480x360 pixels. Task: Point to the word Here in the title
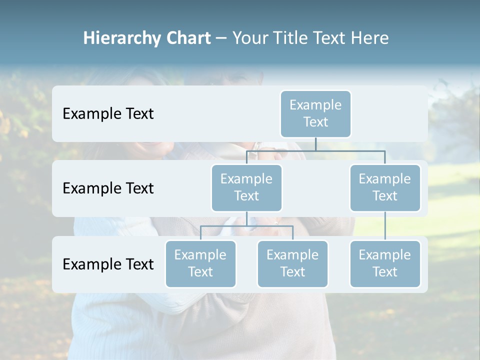click(370, 38)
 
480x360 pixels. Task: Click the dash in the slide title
click(221, 38)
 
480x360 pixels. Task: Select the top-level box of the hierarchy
click(315, 113)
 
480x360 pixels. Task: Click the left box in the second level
click(246, 187)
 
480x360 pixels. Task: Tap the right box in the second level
click(385, 187)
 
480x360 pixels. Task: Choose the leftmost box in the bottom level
click(200, 263)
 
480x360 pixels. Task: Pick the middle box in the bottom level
click(292, 263)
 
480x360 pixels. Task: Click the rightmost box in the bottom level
click(385, 263)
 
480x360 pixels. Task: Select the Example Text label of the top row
click(108, 113)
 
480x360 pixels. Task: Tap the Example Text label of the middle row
click(108, 188)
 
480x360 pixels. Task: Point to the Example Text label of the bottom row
click(108, 264)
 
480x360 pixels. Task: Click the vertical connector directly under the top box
click(315, 144)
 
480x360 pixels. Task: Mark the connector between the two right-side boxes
click(385, 226)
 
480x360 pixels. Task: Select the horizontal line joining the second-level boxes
click(315, 150)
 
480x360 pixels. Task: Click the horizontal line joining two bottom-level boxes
click(246, 226)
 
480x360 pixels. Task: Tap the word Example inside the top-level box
click(315, 105)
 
